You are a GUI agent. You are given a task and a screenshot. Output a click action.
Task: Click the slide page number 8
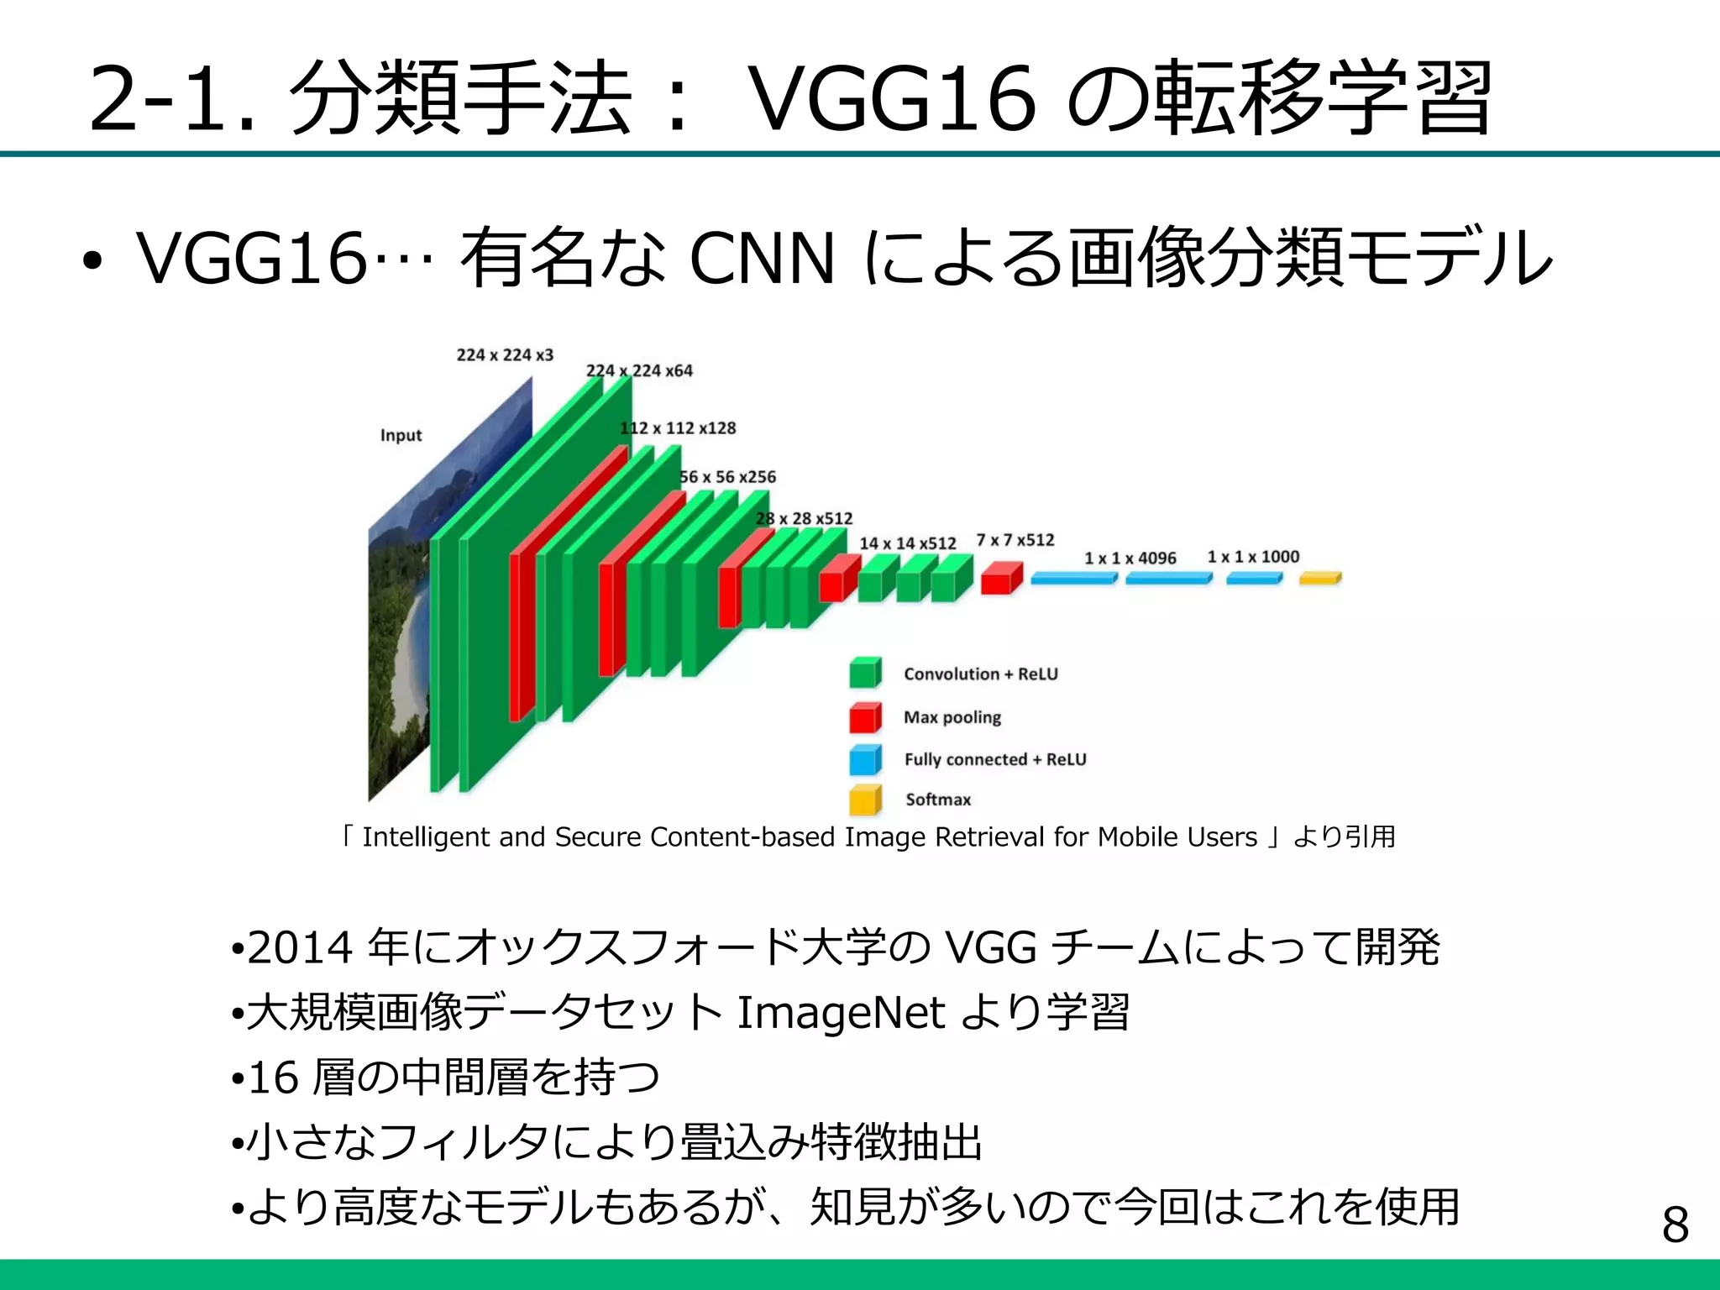tap(1675, 1225)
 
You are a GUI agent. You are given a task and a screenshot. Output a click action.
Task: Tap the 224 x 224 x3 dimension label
tap(505, 355)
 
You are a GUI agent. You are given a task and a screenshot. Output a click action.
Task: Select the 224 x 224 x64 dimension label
tap(639, 370)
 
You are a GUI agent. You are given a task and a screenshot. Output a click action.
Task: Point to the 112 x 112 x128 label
tap(678, 428)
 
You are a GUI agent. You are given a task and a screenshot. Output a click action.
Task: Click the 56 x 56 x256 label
tap(727, 477)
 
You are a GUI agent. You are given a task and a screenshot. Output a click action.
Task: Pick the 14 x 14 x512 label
tap(907, 543)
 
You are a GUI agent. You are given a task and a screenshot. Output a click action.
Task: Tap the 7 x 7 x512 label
tap(1015, 540)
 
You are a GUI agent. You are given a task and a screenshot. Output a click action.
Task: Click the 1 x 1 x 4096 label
tap(1130, 558)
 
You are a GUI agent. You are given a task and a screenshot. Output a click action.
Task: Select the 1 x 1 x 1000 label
tap(1253, 557)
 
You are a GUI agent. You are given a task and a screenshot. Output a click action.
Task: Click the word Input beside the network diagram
tap(401, 435)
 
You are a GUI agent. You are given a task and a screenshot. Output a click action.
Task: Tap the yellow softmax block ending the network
tap(1319, 579)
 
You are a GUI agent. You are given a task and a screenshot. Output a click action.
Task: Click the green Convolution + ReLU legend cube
tap(865, 673)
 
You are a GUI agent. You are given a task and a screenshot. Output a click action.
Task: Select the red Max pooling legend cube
tap(865, 717)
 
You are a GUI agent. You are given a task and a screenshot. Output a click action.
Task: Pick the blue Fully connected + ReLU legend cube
tap(865, 759)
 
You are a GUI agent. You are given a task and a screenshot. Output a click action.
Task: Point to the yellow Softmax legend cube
tap(865, 800)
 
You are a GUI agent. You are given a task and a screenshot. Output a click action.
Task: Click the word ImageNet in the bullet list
tap(841, 1012)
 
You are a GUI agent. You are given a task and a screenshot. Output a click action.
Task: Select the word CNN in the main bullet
tap(762, 259)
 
